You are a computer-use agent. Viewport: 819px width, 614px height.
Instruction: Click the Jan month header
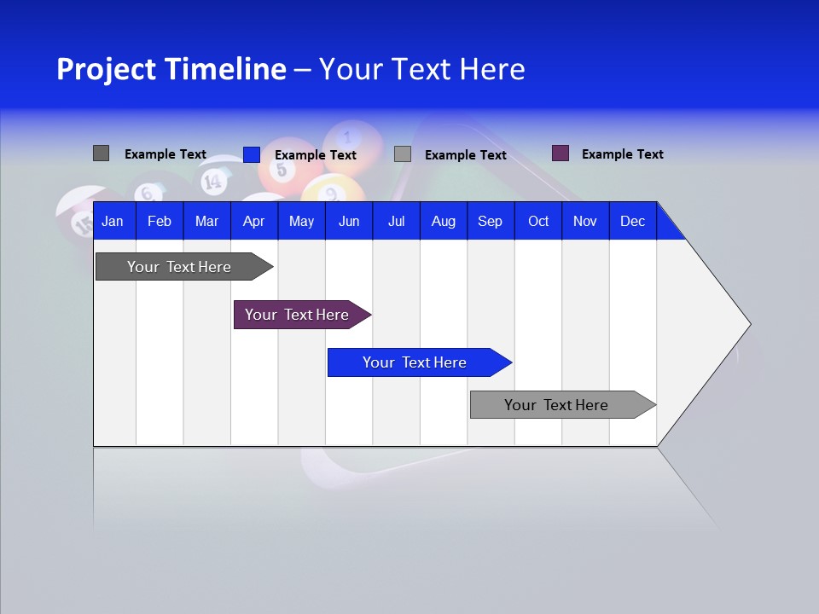[x=113, y=221]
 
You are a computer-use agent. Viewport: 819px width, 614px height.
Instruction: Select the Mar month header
[x=206, y=221]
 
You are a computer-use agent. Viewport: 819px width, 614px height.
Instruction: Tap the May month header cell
[x=301, y=221]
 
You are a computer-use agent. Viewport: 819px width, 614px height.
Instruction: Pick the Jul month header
[x=396, y=221]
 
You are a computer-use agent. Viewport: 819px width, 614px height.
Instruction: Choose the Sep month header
[x=490, y=221]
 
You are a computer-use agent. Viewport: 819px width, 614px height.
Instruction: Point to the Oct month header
[x=538, y=221]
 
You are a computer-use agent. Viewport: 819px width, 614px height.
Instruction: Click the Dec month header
[x=632, y=221]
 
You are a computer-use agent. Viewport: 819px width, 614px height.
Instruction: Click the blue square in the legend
[x=252, y=154]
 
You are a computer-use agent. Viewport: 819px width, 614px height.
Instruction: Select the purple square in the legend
[x=561, y=153]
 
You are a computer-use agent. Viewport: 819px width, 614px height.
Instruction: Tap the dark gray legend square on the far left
[x=101, y=153]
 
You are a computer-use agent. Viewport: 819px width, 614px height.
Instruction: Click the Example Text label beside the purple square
[x=622, y=154]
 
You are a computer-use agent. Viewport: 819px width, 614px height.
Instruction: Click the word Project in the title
[x=106, y=69]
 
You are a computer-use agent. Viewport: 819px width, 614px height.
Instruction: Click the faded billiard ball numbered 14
[x=212, y=180]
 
